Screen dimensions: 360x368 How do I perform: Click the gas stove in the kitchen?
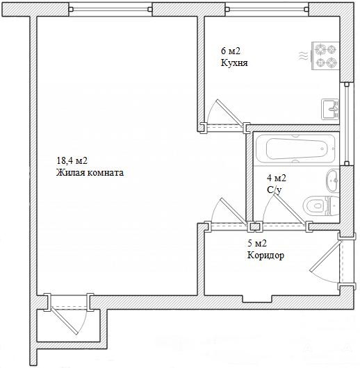(x=325, y=56)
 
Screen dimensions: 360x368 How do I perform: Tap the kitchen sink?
(x=330, y=110)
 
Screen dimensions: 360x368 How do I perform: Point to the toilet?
(x=320, y=206)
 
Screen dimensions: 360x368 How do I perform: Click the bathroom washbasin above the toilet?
(x=332, y=181)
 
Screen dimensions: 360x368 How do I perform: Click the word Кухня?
(x=234, y=63)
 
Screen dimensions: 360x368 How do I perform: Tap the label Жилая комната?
(x=90, y=173)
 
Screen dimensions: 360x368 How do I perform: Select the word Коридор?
(x=265, y=256)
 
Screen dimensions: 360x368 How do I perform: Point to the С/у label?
(x=274, y=190)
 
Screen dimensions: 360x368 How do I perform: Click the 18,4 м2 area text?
(x=72, y=161)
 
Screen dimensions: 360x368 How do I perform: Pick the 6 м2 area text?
(x=231, y=51)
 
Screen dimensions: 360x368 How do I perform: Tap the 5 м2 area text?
(x=257, y=244)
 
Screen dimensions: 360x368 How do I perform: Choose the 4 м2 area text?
(x=277, y=178)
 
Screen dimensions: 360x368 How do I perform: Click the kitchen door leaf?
(x=229, y=113)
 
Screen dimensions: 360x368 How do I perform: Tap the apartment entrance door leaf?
(x=325, y=256)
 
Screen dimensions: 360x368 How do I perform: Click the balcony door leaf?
(x=64, y=321)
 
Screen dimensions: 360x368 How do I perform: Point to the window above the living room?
(x=111, y=9)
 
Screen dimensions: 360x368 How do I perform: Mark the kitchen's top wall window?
(x=267, y=9)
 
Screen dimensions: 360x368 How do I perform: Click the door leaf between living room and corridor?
(x=234, y=212)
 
